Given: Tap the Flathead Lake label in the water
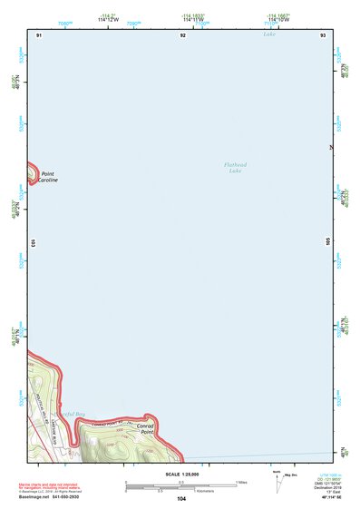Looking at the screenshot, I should [235, 167].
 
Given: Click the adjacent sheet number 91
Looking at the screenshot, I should [39, 34].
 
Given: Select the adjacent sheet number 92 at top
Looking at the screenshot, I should [182, 34].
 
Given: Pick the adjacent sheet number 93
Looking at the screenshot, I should [322, 34].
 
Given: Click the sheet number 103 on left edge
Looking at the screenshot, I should [32, 242].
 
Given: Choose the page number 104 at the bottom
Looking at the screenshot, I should [181, 499].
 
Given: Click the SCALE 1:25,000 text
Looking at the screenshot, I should [180, 474].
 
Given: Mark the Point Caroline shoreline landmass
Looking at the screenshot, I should [33, 171].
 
